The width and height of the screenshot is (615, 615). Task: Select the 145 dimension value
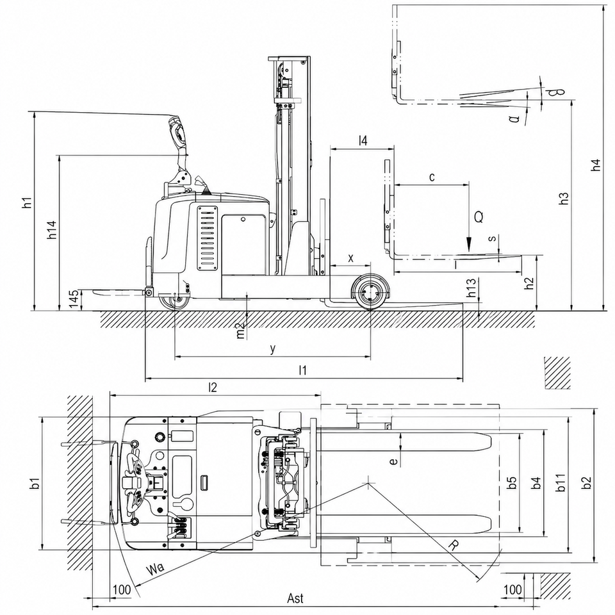pos(74,300)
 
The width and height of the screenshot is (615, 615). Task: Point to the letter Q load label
pos(479,217)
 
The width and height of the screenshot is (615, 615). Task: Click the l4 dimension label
pos(363,141)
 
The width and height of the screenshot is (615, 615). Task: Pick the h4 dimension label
pos(596,165)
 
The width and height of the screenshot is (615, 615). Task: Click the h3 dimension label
pos(564,198)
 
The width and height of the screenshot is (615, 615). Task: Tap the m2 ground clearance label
pos(241,331)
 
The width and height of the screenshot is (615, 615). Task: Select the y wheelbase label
pos(273,348)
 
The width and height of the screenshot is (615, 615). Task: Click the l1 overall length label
pos(302,370)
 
